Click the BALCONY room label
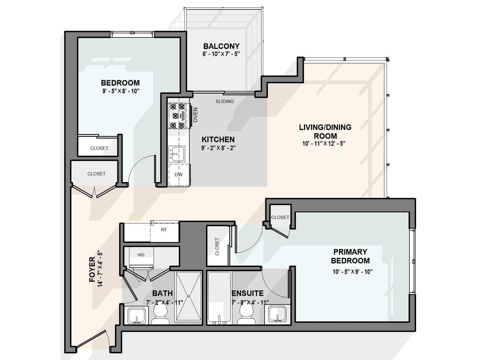pyautogui.click(x=221, y=46)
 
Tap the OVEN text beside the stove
pyautogui.click(x=195, y=115)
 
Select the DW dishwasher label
pyautogui.click(x=178, y=175)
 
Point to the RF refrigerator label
pyautogui.click(x=164, y=230)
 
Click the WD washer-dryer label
pyautogui.click(x=141, y=255)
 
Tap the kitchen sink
pyautogui.click(x=176, y=154)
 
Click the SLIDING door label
pyautogui.click(x=225, y=101)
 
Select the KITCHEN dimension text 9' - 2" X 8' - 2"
pyautogui.click(x=218, y=148)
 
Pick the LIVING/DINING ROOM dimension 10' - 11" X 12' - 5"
pyautogui.click(x=324, y=144)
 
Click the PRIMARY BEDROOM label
pyautogui.click(x=350, y=256)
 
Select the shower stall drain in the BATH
pyautogui.click(x=188, y=296)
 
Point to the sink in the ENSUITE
pyautogui.click(x=277, y=314)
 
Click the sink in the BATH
pyautogui.click(x=137, y=316)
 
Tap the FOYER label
pyautogui.click(x=92, y=269)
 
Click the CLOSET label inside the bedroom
pyautogui.click(x=99, y=148)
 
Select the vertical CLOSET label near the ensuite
pyautogui.click(x=217, y=247)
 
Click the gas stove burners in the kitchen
pyautogui.click(x=177, y=116)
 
